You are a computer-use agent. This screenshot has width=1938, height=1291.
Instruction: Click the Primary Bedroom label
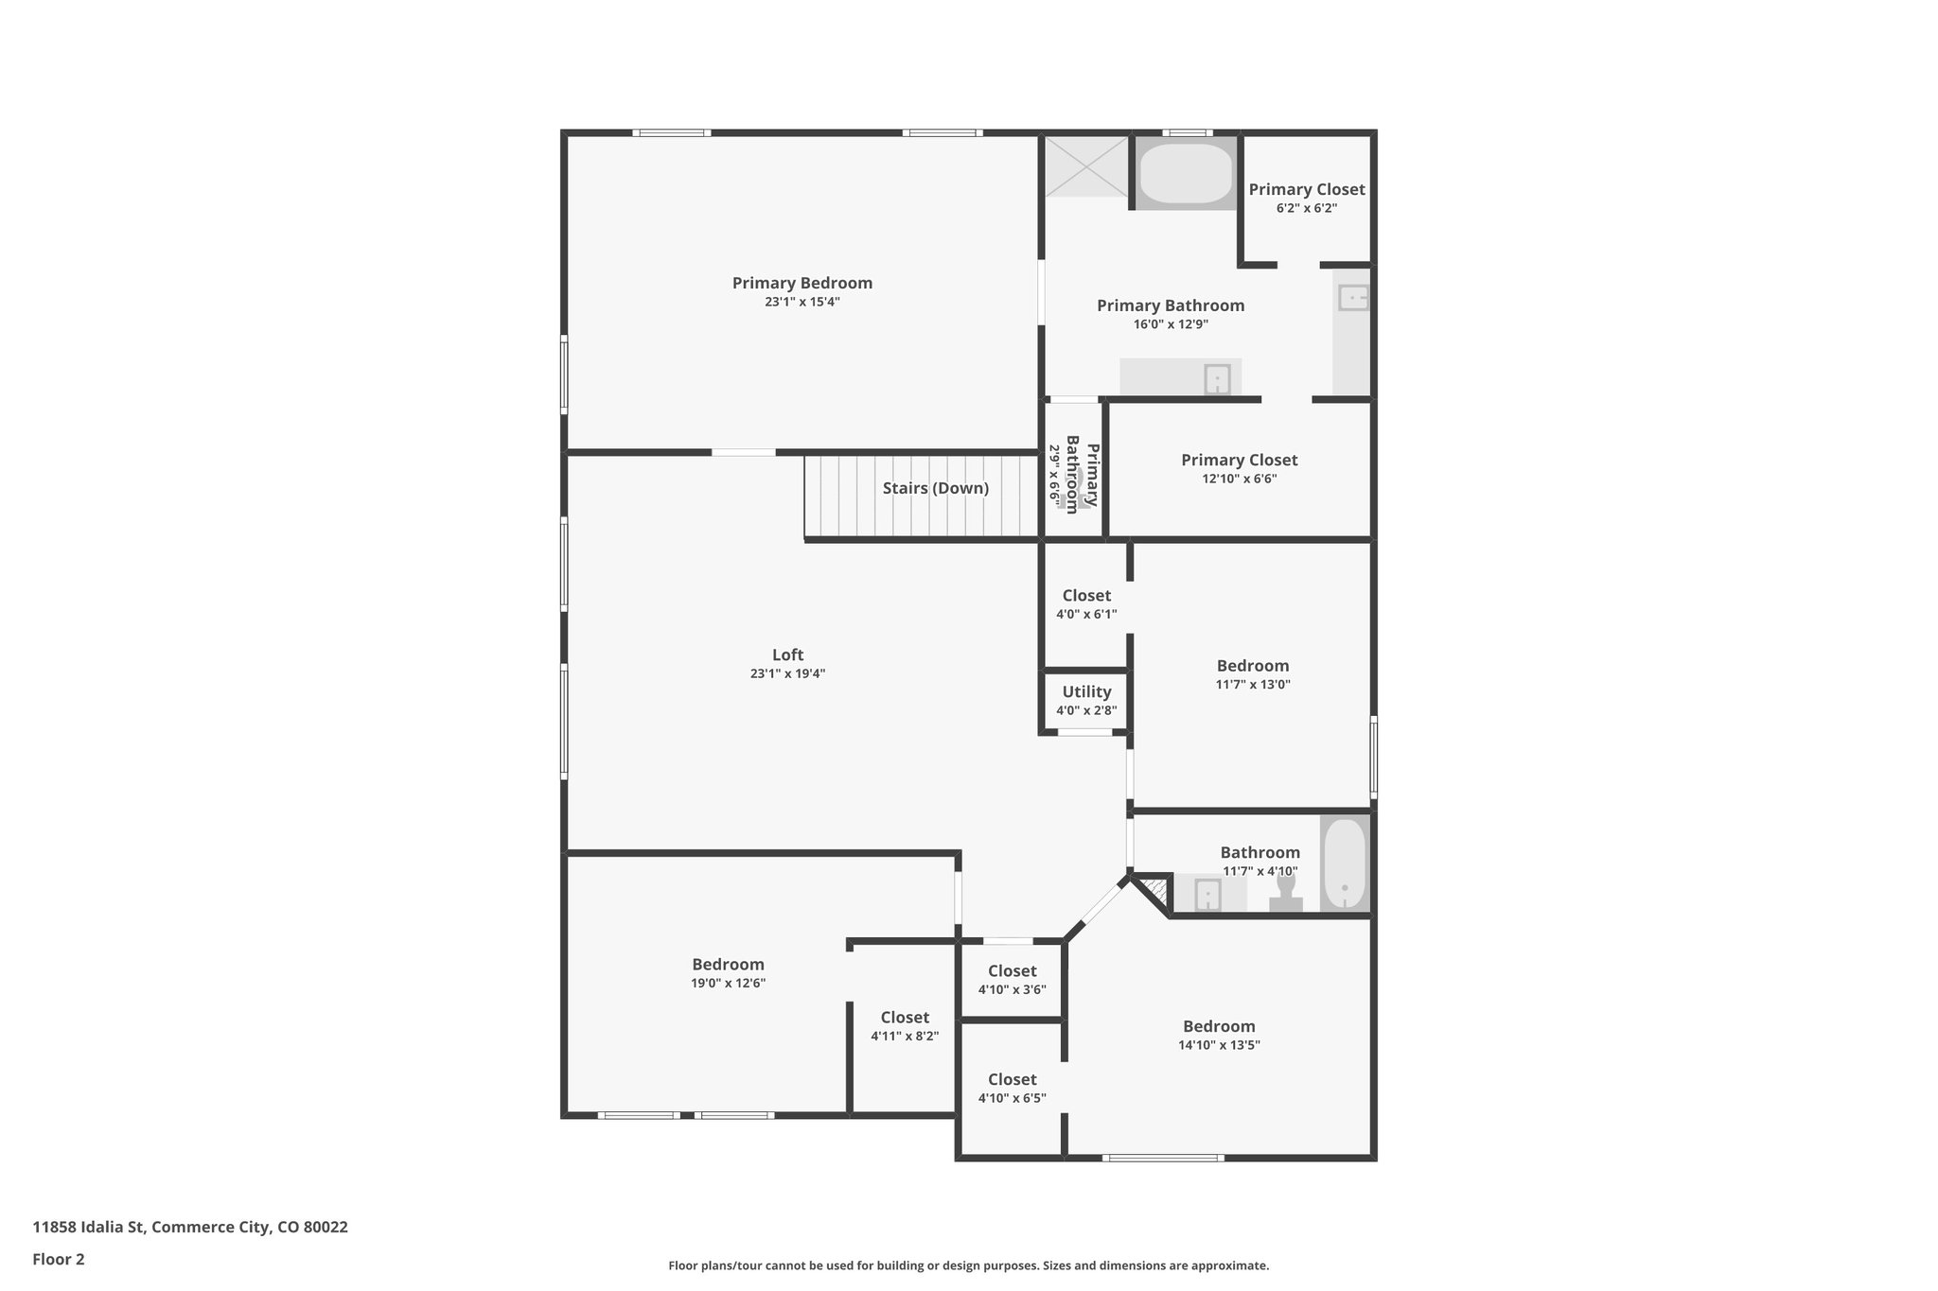tap(802, 283)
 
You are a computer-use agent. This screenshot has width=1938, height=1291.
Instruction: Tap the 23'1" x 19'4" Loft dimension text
tap(787, 674)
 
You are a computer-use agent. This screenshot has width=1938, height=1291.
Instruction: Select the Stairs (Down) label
tap(935, 488)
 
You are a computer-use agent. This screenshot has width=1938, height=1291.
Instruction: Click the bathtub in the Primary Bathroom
tap(1186, 172)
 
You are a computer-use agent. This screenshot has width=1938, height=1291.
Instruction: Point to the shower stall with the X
tap(1086, 167)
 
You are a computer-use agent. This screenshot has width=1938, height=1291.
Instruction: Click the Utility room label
tap(1086, 692)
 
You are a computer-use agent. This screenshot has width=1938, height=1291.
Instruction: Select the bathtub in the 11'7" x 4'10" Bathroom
tap(1344, 864)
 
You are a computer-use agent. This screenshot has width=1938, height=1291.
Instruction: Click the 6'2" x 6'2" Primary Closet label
tap(1306, 189)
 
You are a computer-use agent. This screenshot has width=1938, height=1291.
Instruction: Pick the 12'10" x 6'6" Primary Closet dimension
tap(1239, 480)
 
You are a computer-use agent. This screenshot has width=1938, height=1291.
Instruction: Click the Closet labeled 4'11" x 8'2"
tap(905, 1018)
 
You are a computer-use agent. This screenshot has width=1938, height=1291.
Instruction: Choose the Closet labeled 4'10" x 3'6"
tap(1012, 971)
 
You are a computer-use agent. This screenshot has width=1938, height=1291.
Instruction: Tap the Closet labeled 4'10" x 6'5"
tap(1012, 1080)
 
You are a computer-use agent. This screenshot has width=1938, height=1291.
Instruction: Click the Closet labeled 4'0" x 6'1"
tap(1086, 596)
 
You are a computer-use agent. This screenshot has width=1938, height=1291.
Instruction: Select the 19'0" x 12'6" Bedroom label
tap(728, 965)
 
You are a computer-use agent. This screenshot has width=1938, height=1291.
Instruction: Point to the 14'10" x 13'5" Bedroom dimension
tap(1219, 1046)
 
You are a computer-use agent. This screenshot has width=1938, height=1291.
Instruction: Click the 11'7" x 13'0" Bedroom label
tap(1252, 666)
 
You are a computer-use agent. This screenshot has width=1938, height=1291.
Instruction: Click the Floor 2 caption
tap(59, 1260)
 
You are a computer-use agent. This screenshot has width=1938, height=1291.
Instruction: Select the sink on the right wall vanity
tap(1353, 299)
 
